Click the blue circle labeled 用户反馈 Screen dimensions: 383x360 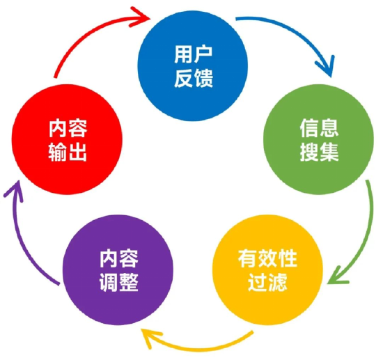pos(193,65)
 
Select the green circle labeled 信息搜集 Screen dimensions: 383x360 pos(319,139)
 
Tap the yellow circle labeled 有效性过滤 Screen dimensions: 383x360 pos(267,270)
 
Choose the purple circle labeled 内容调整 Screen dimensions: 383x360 pos(118,270)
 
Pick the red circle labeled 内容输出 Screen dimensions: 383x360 pos(67,139)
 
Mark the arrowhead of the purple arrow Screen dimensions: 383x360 pos(13,191)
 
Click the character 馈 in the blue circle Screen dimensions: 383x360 pos(204,78)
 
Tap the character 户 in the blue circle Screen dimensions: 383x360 pos(203,55)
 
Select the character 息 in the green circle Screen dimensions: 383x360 pos(329,128)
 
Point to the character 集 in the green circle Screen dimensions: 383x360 pos(329,152)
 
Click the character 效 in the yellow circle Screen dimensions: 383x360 pos(267,258)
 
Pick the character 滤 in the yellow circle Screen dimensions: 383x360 pos(278,282)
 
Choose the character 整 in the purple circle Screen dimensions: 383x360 pos(129,282)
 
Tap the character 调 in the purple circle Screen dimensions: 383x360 pos(109,282)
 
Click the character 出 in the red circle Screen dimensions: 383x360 pos(77,152)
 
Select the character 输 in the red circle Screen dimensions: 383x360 pos(58,152)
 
